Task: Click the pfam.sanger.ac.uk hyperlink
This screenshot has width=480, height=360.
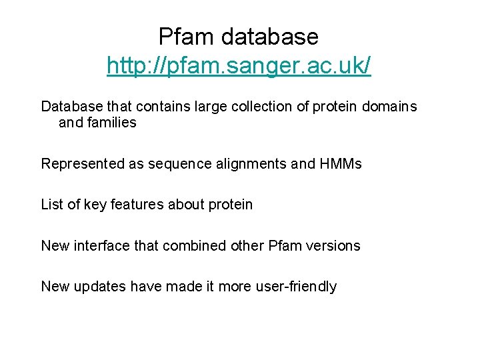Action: point(239,67)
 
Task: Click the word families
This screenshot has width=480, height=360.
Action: point(111,123)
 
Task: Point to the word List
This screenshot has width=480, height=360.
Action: point(52,205)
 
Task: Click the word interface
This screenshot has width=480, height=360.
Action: point(103,246)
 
